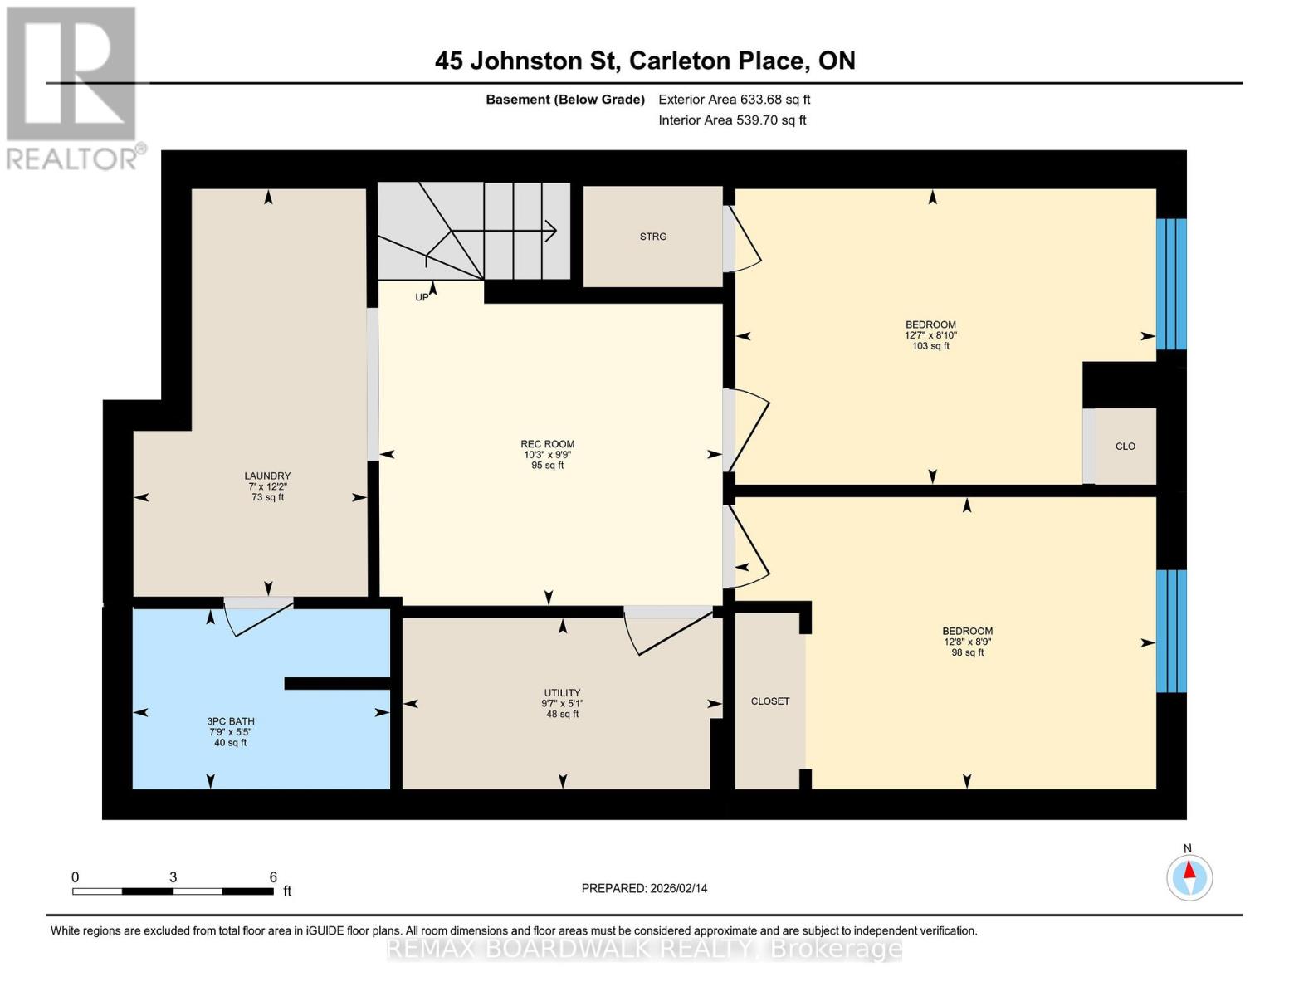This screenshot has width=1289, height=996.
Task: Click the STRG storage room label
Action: [x=653, y=237]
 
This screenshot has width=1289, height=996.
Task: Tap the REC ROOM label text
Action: [x=547, y=444]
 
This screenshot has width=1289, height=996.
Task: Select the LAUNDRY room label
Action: [x=267, y=476]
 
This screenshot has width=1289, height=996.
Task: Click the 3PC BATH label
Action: [x=231, y=721]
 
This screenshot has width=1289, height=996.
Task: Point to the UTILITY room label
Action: [x=562, y=692]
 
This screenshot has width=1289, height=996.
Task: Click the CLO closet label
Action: [x=1125, y=447]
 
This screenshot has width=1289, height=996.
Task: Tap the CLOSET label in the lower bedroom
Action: [x=769, y=701]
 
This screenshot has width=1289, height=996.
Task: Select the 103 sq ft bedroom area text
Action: [x=930, y=346]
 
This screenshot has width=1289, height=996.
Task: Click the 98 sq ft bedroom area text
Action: [x=967, y=652]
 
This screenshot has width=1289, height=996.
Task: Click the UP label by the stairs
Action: [x=422, y=297]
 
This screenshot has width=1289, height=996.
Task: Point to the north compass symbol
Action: [x=1189, y=876]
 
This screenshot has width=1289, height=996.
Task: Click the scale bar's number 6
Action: [x=273, y=877]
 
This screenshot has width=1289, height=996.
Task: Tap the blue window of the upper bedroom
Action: [x=1171, y=284]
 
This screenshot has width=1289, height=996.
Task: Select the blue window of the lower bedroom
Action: [x=1171, y=631]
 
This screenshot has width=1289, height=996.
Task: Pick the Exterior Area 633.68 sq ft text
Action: [x=734, y=100]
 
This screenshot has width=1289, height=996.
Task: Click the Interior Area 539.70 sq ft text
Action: [x=732, y=120]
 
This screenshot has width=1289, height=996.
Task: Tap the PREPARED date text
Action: [x=644, y=888]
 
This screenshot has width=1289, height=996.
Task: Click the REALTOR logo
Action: [x=71, y=87]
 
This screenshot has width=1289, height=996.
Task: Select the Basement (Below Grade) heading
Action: [x=564, y=100]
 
